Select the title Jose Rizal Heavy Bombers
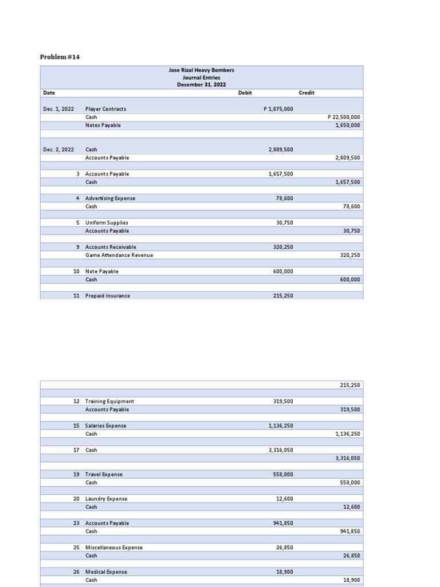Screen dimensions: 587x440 coord(201,70)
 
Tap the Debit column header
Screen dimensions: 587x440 coord(245,93)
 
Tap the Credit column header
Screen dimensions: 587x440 coord(307,93)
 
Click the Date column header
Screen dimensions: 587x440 coord(49,93)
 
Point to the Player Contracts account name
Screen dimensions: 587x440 coord(105,109)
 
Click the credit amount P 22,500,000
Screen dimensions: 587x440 coord(344,117)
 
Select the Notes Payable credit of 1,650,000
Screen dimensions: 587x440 coord(348,125)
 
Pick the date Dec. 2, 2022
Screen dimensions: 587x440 coord(58,150)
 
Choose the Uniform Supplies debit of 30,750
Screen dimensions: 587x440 coord(284,222)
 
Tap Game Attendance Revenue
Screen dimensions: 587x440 coord(119,255)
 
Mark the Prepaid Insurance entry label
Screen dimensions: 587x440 coord(107,296)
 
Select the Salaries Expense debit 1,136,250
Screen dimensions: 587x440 coord(281,426)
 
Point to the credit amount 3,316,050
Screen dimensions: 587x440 coord(348,458)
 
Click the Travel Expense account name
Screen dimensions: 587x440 coord(104,475)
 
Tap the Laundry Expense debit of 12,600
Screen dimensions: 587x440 coord(284,499)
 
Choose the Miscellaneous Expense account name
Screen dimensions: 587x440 coord(114,547)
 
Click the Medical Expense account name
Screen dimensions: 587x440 coord(106,572)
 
